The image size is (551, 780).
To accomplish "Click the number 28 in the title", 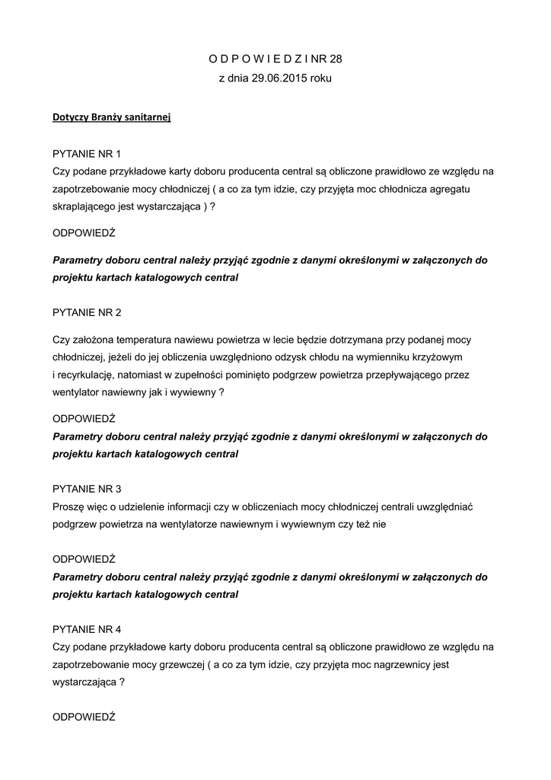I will (335, 58).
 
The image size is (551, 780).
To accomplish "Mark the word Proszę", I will (69, 507).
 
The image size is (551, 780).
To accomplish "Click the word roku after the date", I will (320, 78).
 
